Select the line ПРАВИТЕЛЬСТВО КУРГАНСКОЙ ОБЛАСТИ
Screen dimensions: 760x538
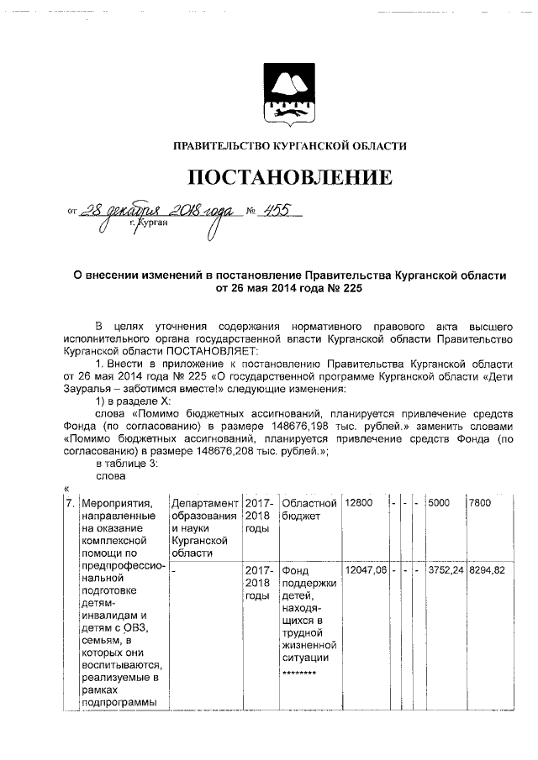289,145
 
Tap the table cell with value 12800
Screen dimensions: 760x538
358,502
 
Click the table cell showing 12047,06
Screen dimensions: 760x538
365,569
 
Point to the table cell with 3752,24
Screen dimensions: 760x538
445,569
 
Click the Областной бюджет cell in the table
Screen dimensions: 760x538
309,509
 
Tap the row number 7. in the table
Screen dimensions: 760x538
70,502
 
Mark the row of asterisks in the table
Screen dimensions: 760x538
298,673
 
